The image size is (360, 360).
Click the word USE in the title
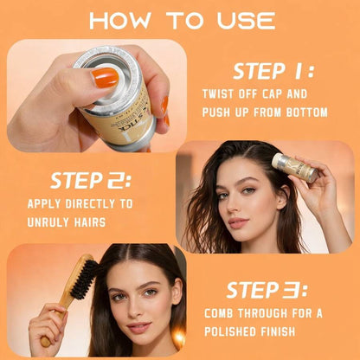[246, 21]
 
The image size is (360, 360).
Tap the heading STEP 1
[273, 71]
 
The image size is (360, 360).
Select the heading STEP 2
[91, 181]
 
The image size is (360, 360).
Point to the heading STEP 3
[267, 290]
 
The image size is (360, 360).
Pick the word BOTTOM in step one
[307, 112]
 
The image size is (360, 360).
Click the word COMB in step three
[218, 313]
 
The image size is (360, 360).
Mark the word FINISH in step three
[278, 331]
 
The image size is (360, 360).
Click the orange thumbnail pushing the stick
[106, 78]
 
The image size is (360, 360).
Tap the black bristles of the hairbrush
[85, 279]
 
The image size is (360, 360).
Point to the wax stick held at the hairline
[294, 167]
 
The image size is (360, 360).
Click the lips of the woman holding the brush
[139, 327]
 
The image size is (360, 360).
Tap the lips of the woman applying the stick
[238, 222]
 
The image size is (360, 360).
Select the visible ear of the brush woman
[177, 292]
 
